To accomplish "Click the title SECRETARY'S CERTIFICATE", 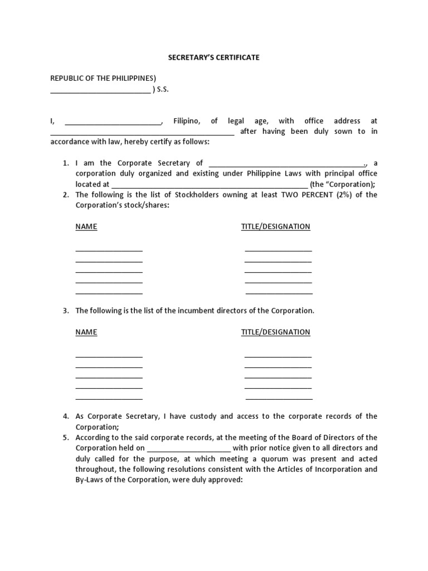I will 214,57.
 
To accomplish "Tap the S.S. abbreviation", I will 163,89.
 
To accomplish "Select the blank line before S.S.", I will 100,90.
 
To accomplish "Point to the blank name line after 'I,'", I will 113,122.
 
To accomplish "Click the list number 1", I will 65,163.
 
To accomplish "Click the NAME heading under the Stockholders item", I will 86,226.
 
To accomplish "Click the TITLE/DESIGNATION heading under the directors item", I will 275,332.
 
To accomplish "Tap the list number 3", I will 65,311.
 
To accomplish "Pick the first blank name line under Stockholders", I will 109,250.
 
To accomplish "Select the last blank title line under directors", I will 279,399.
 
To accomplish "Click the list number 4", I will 65,417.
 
